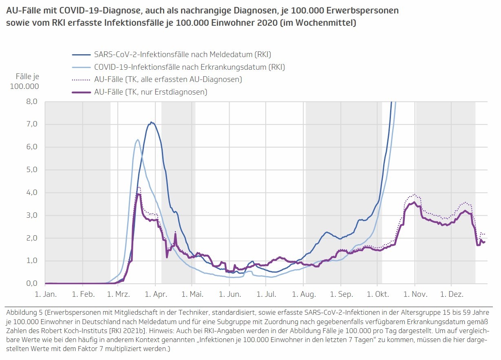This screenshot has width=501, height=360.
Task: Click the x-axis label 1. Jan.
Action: (x=45, y=294)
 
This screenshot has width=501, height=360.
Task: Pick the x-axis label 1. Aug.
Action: (x=304, y=294)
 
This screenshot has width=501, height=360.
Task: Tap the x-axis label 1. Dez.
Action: (x=451, y=294)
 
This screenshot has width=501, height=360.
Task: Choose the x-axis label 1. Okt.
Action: (x=377, y=294)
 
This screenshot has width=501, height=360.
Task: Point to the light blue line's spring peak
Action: (x=138, y=140)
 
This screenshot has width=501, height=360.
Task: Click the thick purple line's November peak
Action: (x=414, y=202)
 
